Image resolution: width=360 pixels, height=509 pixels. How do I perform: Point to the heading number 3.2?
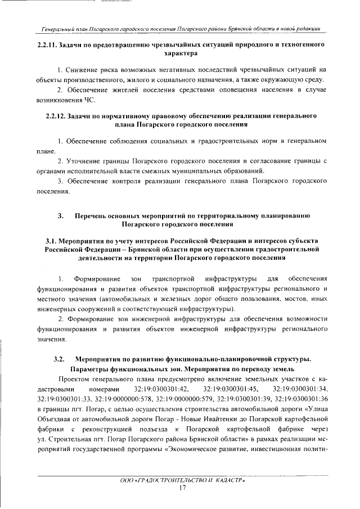pyautogui.click(x=60, y=358)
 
